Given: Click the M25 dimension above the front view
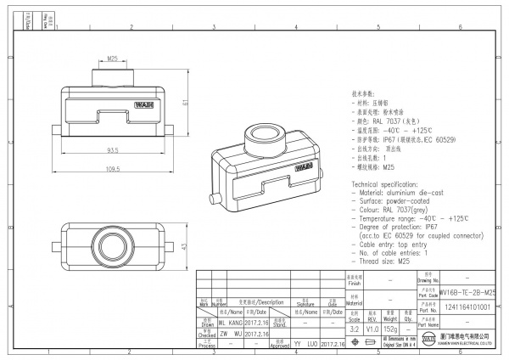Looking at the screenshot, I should [x=113, y=59].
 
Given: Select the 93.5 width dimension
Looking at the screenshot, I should [x=111, y=150].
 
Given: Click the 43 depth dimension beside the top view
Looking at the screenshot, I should [x=186, y=246].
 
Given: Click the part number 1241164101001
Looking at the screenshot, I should [x=468, y=307].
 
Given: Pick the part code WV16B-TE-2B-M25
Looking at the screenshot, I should [x=468, y=291].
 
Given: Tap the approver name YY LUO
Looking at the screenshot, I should [x=306, y=346].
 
